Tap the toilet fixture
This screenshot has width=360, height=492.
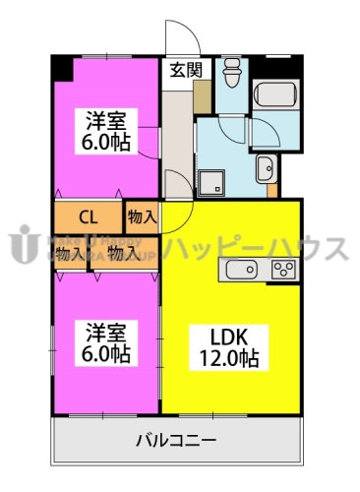pyautogui.click(x=232, y=72)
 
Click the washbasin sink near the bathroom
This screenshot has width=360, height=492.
pyautogui.click(x=265, y=169)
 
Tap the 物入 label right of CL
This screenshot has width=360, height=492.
pyautogui.click(x=142, y=216)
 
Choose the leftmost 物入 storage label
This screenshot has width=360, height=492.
pyautogui.click(x=69, y=255)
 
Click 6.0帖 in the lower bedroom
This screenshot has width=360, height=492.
pyautogui.click(x=107, y=352)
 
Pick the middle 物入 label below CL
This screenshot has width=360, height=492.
pyautogui.click(x=123, y=255)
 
